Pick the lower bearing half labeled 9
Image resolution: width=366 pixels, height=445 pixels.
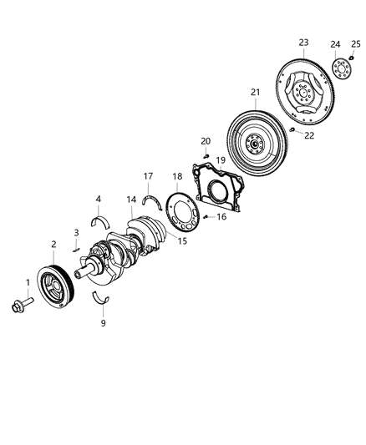coord(102,301)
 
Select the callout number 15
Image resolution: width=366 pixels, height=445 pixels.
coord(180,242)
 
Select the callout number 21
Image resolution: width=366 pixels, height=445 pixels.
coord(255,92)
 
